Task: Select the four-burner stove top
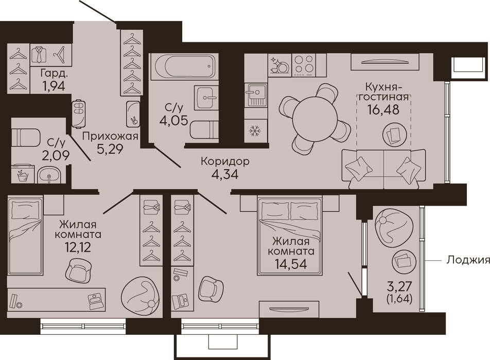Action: pos(304,65)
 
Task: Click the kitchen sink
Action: pos(256,95)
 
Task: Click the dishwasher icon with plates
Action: pos(279,65)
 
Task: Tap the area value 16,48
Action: pos(383,110)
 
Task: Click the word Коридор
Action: pos(225,161)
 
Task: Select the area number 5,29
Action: pos(110,149)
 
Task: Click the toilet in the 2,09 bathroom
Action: pos(26,137)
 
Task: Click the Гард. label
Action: pos(54,74)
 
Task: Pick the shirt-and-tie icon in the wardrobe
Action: pos(39,55)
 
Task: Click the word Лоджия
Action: pos(467,260)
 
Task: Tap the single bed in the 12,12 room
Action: pos(25,237)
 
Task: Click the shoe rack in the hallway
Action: pos(79,114)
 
